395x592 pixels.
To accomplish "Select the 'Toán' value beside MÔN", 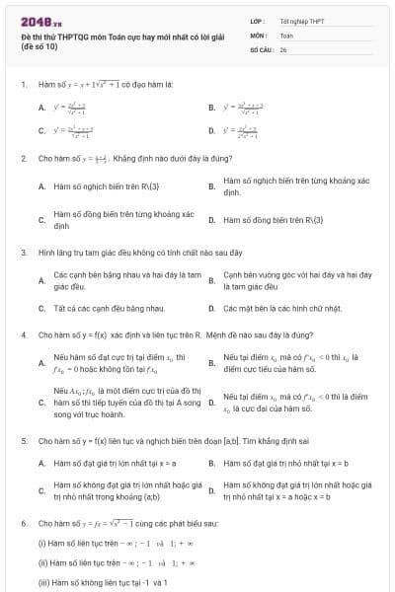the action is click(286, 34).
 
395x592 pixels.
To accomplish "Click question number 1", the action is click(23, 85).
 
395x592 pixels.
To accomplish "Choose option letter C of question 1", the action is click(41, 130).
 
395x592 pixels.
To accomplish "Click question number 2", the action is click(23, 158).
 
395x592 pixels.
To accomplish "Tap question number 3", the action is click(23, 252).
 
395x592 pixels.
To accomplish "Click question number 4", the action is click(23, 335).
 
